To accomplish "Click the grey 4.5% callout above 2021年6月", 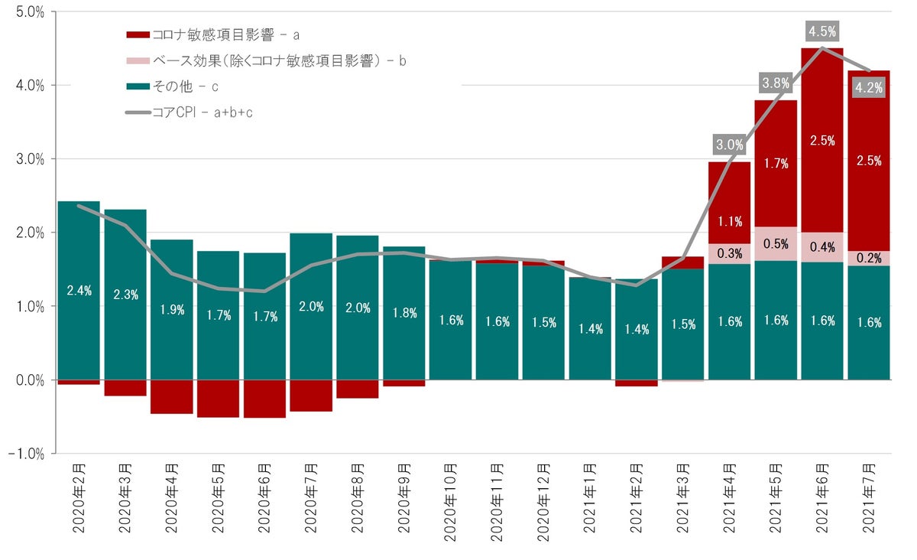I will (822, 31).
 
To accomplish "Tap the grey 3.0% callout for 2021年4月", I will (730, 144).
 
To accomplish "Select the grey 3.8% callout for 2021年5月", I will (776, 83).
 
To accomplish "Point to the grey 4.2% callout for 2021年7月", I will (869, 87).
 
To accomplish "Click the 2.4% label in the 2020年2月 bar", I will (79, 290).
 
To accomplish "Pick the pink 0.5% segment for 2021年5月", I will (776, 244).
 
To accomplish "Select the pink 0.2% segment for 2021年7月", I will (869, 258).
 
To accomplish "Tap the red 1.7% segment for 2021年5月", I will (776, 163).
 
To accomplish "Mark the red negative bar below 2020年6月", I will (264, 399).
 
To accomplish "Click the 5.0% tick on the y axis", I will (28, 12).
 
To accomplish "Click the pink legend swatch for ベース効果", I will (138, 61).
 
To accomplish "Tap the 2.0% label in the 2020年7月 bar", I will (311, 307).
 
